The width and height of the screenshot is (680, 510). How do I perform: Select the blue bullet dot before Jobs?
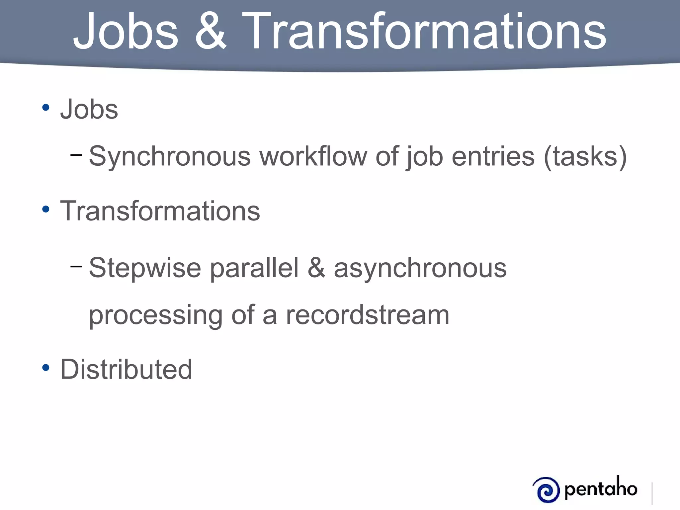pyautogui.click(x=46, y=108)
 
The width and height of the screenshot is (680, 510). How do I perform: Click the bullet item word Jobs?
pyautogui.click(x=89, y=109)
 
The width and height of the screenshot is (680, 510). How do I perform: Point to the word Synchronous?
pyautogui.click(x=170, y=156)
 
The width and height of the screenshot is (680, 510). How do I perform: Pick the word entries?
pyautogui.click(x=493, y=156)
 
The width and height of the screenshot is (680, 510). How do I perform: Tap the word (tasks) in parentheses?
pyautogui.click(x=585, y=156)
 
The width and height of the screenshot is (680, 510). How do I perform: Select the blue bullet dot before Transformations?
pyautogui.click(x=46, y=209)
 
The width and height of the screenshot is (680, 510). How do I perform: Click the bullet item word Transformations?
pyautogui.click(x=160, y=211)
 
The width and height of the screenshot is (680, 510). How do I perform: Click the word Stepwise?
pyautogui.click(x=145, y=268)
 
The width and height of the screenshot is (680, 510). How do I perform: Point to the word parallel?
pyautogui.click(x=254, y=268)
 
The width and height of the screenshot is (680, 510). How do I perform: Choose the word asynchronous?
pyautogui.click(x=420, y=268)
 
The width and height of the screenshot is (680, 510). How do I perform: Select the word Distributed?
pyautogui.click(x=126, y=369)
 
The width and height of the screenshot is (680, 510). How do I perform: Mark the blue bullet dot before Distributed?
pyautogui.click(x=46, y=368)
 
